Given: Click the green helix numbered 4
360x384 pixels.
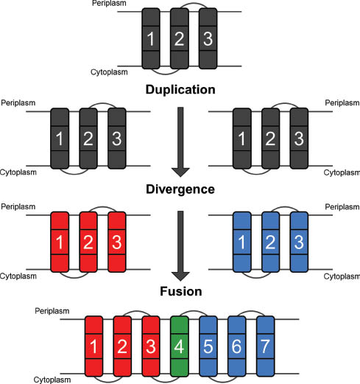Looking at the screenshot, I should point(179,346).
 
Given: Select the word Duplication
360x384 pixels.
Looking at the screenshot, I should point(180,90).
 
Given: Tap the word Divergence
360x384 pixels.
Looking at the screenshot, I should point(180,189).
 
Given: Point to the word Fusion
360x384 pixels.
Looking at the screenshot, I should point(180,291).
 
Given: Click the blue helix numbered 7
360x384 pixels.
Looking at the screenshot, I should point(265,346).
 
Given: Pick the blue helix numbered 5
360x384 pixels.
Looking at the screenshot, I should point(208,346).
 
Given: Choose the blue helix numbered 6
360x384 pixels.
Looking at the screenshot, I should point(236,346).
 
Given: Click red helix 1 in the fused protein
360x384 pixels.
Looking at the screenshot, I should point(93,346).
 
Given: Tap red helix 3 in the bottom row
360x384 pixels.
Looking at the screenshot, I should point(151,346).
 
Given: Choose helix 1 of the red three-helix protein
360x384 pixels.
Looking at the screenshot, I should point(60,242).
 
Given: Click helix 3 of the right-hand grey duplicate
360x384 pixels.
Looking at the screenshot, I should point(298,138).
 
